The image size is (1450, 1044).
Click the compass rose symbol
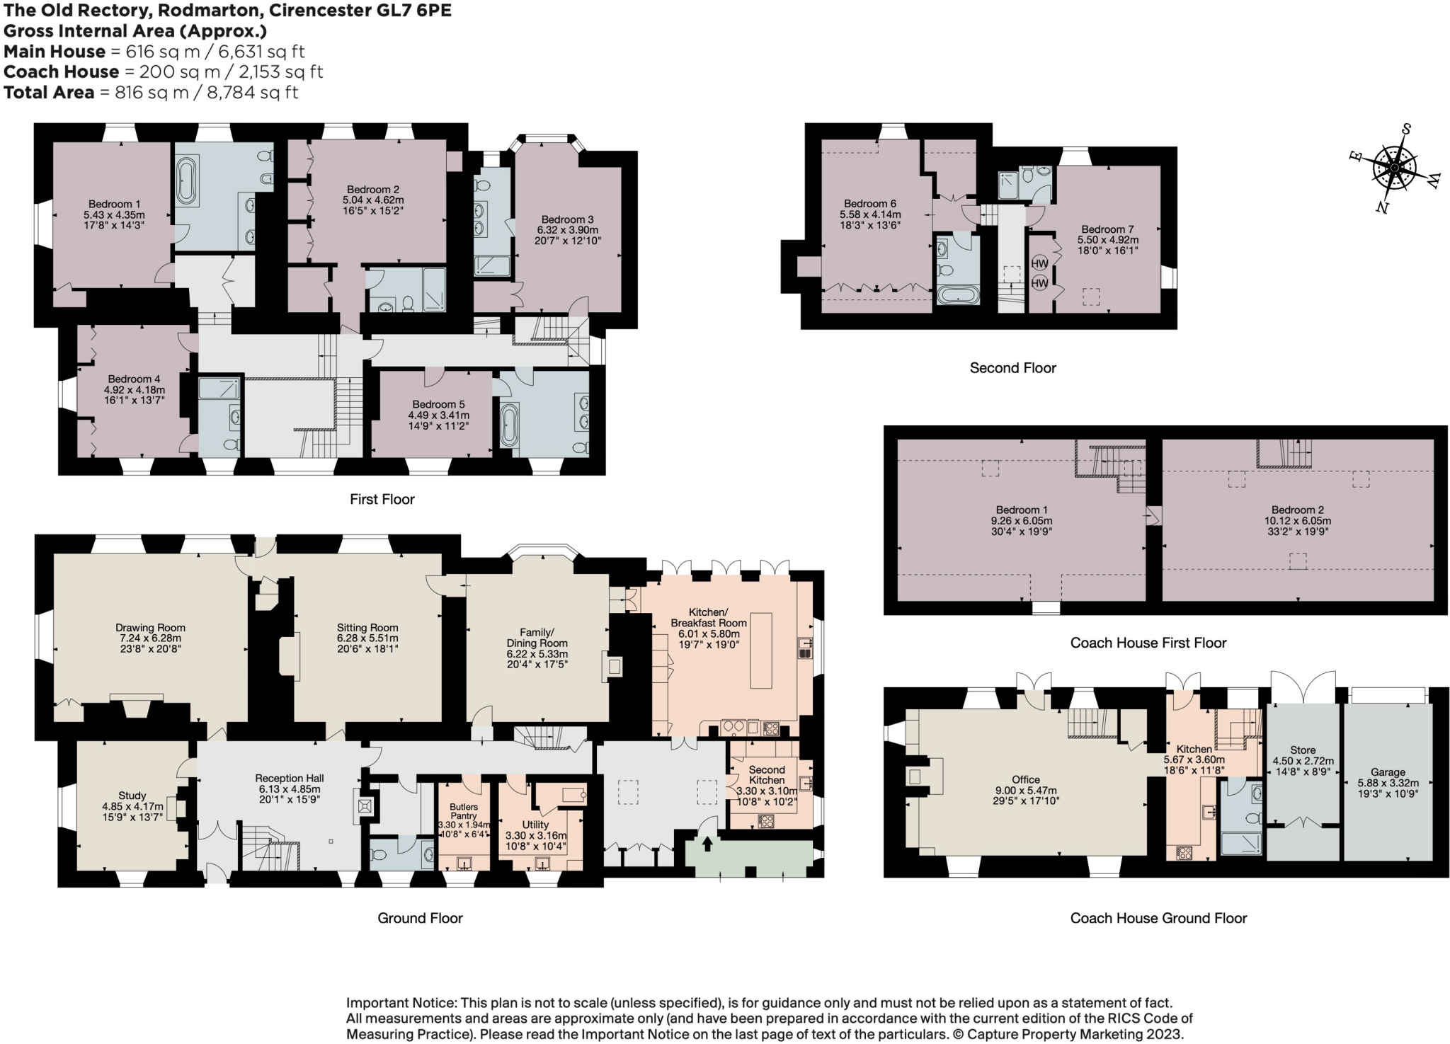point(1394,168)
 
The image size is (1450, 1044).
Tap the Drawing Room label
point(150,627)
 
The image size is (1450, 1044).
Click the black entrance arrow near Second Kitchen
point(707,843)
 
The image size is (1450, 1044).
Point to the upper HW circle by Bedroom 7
point(1039,263)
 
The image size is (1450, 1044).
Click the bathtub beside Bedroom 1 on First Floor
point(188,181)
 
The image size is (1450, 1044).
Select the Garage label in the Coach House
point(1388,772)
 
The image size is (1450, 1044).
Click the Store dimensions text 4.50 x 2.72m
point(1303,761)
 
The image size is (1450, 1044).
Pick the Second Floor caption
point(1012,367)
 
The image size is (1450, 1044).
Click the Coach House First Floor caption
point(1148,643)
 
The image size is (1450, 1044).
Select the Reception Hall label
point(290,778)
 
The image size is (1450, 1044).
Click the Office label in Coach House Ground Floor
point(1026,779)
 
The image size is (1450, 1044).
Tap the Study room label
point(132,796)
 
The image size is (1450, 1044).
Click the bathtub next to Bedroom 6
point(958,294)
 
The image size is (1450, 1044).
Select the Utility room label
point(535,825)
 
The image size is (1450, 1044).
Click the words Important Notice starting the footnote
point(400,1003)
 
